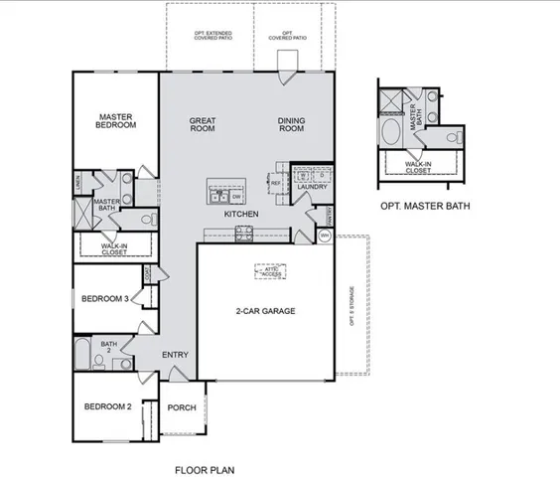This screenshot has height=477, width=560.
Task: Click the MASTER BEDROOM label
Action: pos(116,121)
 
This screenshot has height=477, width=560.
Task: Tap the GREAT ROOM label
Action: pos(204,124)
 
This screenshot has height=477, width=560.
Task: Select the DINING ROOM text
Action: pos(291,124)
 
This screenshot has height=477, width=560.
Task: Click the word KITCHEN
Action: pos(241,215)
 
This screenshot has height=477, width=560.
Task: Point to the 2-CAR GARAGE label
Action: pos(265,311)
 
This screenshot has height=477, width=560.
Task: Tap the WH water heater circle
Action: pos(324,236)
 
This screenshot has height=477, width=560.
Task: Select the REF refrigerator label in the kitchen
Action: pos(275,183)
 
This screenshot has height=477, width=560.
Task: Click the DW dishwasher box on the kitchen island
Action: pos(237,196)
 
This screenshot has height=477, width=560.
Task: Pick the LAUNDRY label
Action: pos(312,187)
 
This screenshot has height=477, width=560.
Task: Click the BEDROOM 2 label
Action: pos(107,406)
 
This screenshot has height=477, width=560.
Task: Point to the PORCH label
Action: pos(182,407)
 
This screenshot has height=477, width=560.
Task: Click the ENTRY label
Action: pos(176,355)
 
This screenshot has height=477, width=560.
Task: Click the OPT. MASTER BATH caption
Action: pos(425,207)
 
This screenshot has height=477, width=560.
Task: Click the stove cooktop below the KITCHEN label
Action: pos(242,234)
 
